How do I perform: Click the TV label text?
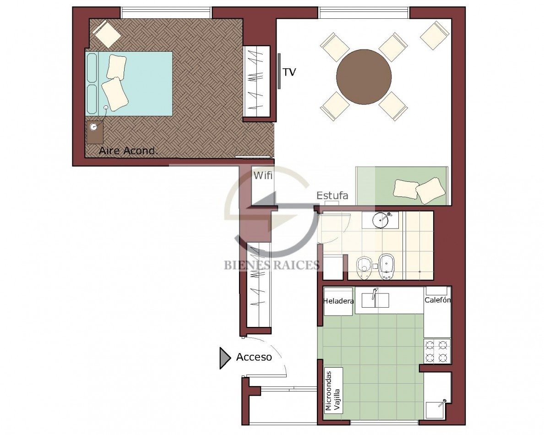[289, 72]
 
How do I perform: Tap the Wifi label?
[263, 175]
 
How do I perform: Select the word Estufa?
[332, 196]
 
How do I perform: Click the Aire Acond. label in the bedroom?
[128, 151]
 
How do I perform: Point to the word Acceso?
[254, 357]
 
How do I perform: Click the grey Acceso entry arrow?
[224, 358]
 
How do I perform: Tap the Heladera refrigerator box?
[338, 301]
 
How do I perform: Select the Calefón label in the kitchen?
[437, 300]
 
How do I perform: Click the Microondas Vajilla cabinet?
[333, 391]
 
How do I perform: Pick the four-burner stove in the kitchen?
[437, 351]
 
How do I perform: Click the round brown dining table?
[364, 76]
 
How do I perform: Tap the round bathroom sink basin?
[381, 219]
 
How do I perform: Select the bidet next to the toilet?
[386, 267]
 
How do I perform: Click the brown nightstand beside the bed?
[95, 132]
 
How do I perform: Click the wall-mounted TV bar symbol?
[279, 71]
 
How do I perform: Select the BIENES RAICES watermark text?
[271, 266]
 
